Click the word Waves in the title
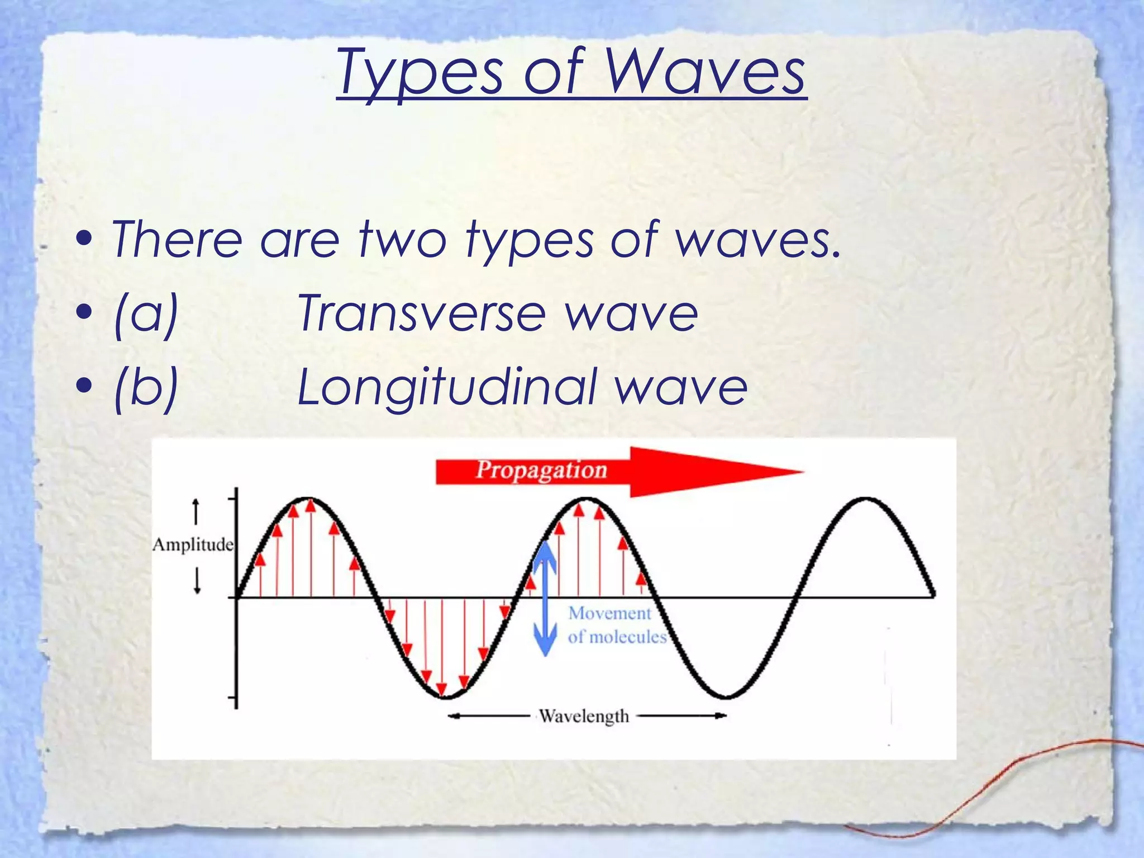(705, 73)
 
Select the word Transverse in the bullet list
(422, 313)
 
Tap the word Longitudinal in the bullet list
(447, 387)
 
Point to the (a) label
(146, 313)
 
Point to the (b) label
(146, 387)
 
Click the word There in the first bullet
(177, 239)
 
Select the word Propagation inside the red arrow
(541, 470)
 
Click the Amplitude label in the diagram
(193, 545)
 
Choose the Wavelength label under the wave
(583, 716)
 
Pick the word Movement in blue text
(609, 613)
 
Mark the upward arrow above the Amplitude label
(196, 511)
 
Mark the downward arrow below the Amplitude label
(197, 581)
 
